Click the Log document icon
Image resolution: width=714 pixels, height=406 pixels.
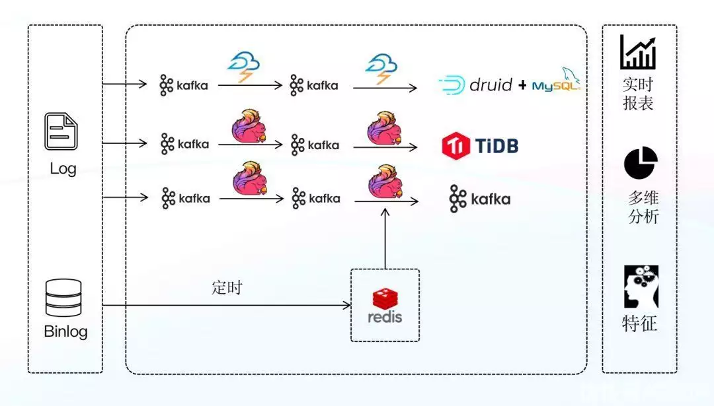click(61, 131)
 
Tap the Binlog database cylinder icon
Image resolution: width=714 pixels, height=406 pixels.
click(63, 298)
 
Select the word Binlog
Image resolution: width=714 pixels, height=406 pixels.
click(65, 331)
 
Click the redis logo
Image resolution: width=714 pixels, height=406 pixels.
click(385, 306)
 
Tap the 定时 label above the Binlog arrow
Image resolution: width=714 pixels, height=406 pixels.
click(227, 288)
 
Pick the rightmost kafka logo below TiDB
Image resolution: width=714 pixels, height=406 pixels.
click(480, 199)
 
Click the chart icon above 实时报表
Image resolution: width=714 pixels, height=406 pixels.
click(638, 53)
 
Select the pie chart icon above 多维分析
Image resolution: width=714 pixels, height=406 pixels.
click(641, 164)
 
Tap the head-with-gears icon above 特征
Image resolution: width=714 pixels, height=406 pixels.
click(641, 287)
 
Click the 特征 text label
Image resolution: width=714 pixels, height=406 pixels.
click(640, 324)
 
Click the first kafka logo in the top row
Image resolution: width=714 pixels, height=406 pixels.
click(184, 85)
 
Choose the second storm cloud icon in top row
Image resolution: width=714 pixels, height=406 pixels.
click(381, 69)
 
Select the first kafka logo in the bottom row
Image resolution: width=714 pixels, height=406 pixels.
click(185, 198)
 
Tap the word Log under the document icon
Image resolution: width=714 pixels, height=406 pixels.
click(63, 168)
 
